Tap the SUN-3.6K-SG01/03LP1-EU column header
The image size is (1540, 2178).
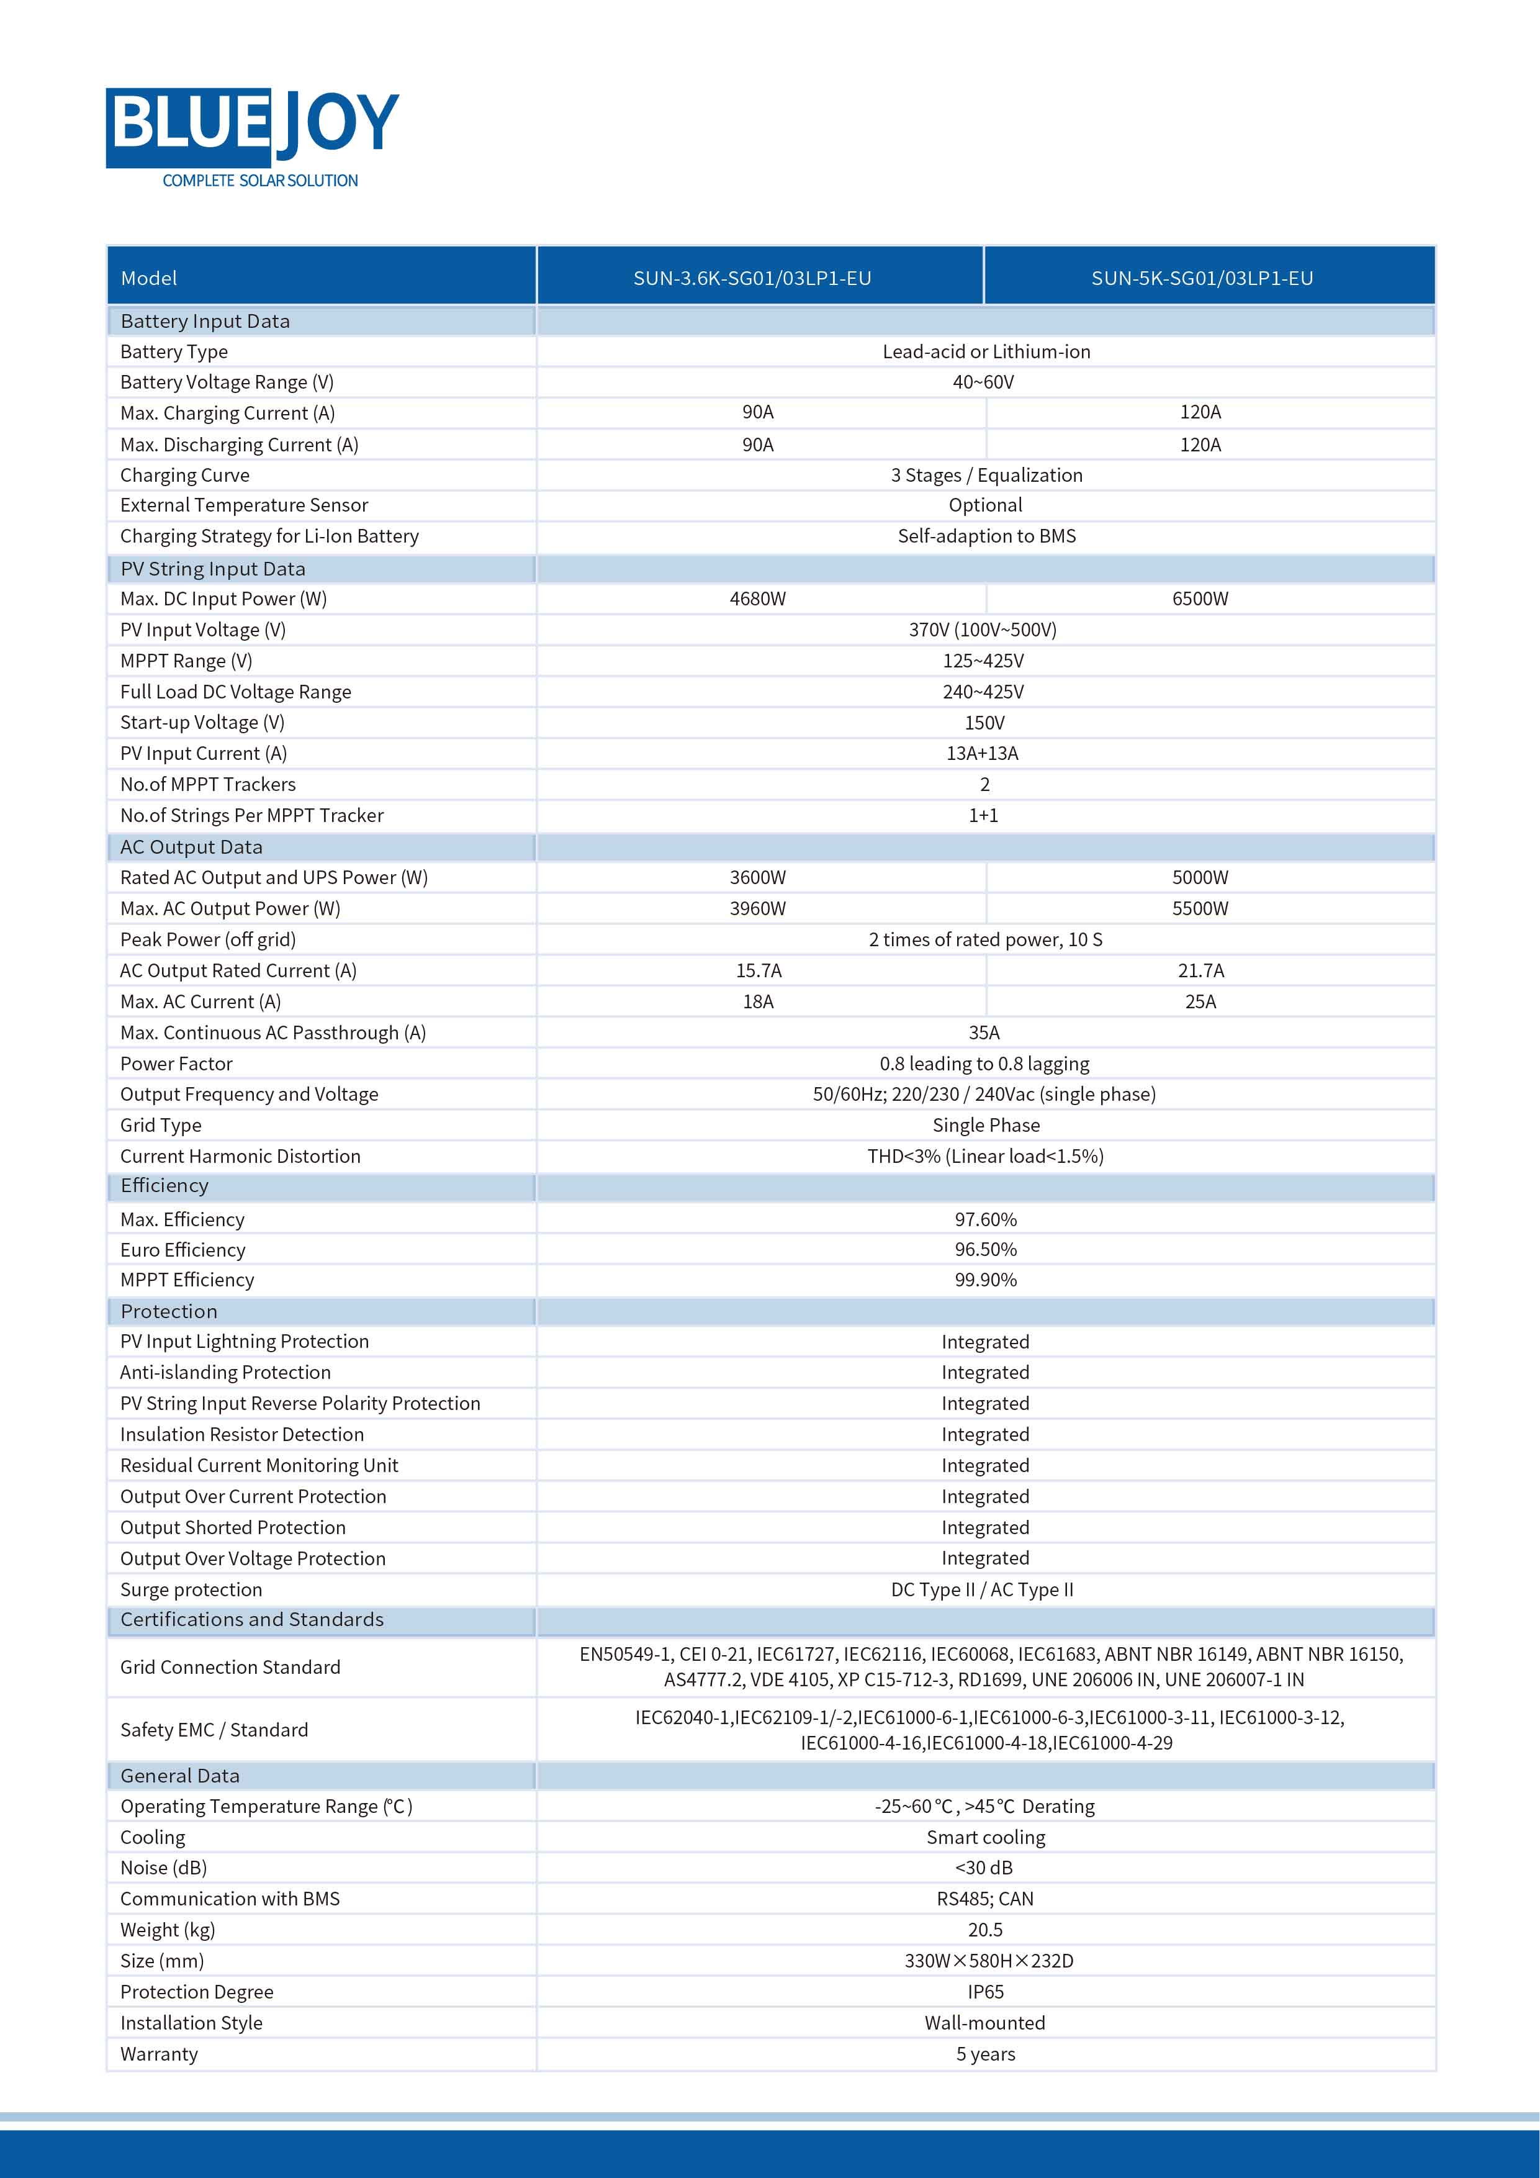point(752,278)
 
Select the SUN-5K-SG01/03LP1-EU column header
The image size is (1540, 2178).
point(1202,278)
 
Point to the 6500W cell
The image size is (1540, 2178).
point(1200,599)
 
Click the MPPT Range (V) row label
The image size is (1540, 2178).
point(186,661)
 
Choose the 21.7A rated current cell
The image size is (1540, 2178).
point(1200,970)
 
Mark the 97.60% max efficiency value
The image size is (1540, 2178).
point(985,1219)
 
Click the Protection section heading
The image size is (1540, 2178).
point(169,1311)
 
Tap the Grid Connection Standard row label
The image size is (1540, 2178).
point(230,1666)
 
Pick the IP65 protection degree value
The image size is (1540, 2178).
point(985,1991)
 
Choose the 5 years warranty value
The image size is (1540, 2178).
point(985,2054)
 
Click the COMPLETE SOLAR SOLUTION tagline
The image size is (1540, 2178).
point(260,180)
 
